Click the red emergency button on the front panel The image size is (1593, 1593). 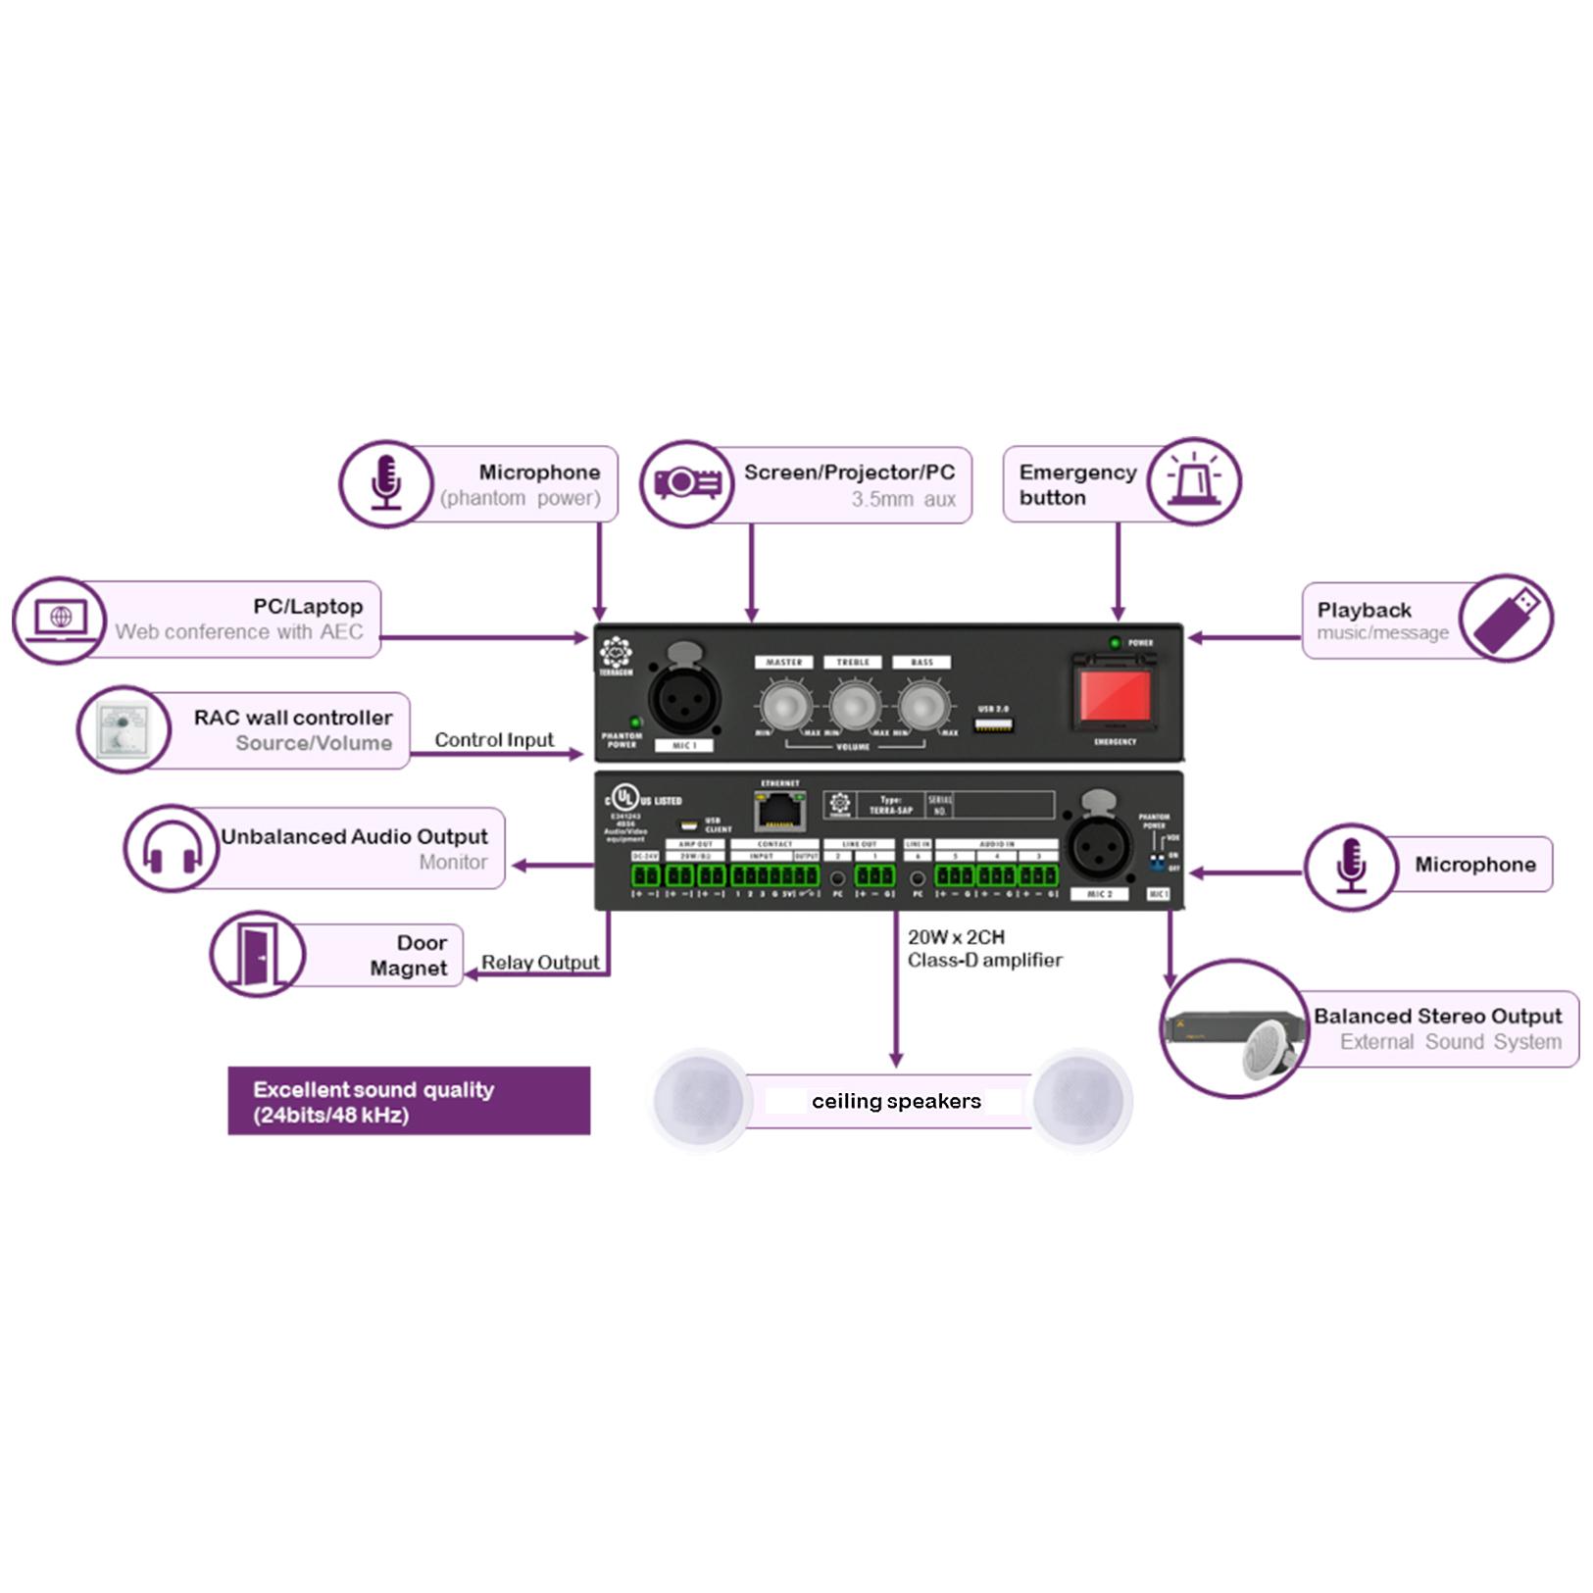(x=1115, y=696)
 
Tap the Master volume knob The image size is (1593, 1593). (x=785, y=706)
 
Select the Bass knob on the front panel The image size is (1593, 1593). (x=922, y=706)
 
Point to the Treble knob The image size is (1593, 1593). (x=854, y=706)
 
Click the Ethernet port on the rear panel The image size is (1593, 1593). (x=779, y=811)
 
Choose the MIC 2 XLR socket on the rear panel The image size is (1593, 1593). (x=1098, y=847)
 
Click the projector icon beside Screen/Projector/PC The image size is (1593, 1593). (x=687, y=483)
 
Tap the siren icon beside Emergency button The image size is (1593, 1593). (x=1194, y=481)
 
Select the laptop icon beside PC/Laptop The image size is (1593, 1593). (x=60, y=620)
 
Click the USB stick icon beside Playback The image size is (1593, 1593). (x=1506, y=618)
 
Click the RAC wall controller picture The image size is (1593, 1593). (x=124, y=729)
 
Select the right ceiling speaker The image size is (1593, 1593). (x=1081, y=1100)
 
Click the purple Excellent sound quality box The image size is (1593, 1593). (x=409, y=1101)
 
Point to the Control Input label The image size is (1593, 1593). (x=494, y=740)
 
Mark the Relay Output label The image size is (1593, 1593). (x=540, y=963)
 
